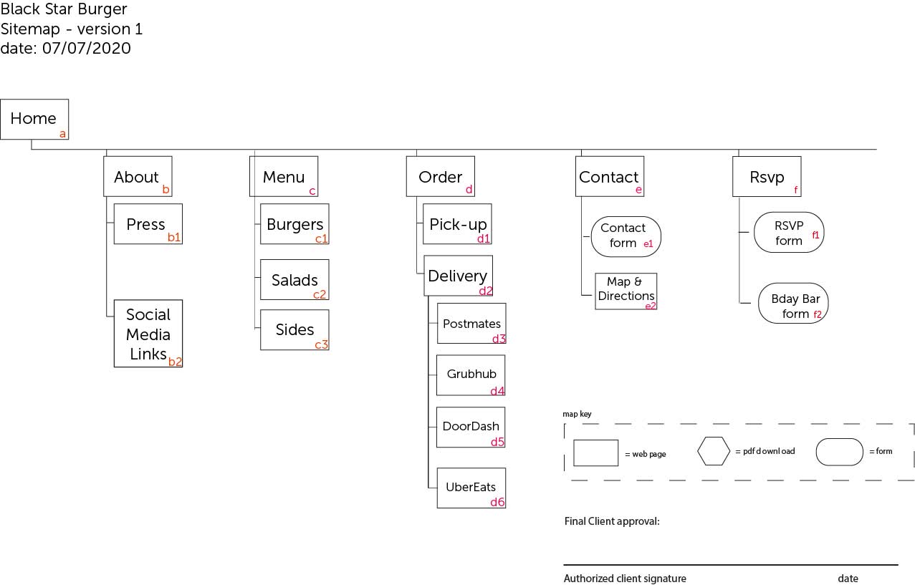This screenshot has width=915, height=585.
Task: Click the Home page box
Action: click(x=34, y=119)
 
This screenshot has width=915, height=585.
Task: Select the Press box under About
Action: click(x=148, y=224)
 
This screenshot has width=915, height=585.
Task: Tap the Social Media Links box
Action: click(x=148, y=334)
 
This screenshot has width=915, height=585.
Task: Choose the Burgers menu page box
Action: click(x=294, y=224)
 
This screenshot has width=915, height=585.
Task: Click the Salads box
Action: click(x=294, y=279)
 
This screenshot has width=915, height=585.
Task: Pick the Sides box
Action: click(x=294, y=329)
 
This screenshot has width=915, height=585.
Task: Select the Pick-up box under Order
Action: click(x=457, y=224)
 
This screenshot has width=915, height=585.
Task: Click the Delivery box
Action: click(x=458, y=276)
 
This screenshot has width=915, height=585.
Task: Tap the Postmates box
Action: click(x=471, y=324)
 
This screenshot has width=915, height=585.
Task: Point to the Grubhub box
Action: click(x=471, y=374)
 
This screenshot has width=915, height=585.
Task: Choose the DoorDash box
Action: click(x=471, y=427)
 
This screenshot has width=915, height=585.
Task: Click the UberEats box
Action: click(x=471, y=488)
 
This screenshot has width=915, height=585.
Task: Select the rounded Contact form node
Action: click(x=626, y=236)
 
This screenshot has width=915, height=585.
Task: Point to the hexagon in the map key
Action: click(x=714, y=451)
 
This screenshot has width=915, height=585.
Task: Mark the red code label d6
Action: click(x=497, y=503)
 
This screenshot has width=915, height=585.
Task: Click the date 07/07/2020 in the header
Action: click(x=86, y=49)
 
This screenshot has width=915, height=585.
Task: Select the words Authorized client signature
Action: click(x=625, y=579)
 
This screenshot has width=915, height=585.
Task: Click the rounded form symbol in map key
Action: click(x=840, y=452)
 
